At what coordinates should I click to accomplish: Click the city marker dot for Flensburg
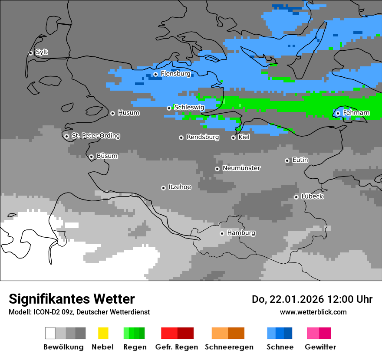coord(155,74)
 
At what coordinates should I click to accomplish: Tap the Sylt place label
coord(42,52)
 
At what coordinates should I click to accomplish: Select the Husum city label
coord(128,113)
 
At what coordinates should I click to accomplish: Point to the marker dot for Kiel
coord(233,137)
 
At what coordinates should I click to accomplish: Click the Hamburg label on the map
coord(241,233)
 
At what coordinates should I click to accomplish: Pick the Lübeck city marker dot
coord(296,197)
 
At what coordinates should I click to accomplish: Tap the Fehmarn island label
coord(356,113)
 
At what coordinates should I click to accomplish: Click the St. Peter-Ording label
coord(95,136)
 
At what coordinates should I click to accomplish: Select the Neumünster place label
coord(241,168)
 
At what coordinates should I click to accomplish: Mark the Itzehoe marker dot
coord(163,188)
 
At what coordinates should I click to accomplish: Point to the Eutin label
coord(300,160)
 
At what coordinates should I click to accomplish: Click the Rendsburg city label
coord(203,137)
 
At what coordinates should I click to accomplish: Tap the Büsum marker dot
coord(91,157)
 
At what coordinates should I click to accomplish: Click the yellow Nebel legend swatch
coord(103,333)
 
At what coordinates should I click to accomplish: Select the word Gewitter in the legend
coord(320,347)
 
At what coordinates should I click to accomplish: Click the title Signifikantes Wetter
coord(72,299)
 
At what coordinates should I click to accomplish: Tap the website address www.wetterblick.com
coord(313,312)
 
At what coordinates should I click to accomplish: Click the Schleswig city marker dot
coord(169,108)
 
